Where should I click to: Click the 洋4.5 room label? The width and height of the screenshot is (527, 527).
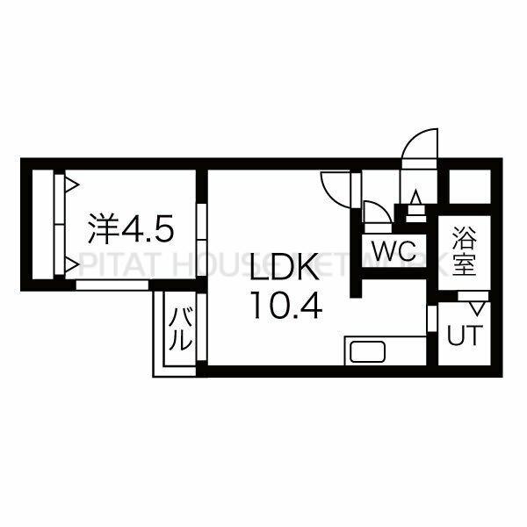coord(131,229)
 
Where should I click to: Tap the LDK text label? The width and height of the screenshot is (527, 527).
coord(285,268)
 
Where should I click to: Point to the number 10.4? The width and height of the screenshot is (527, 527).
coord(287,305)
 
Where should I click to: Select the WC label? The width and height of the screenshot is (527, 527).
coord(393,250)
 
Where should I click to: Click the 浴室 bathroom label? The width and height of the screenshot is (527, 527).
coord(464,250)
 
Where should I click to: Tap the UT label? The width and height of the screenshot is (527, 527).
coord(465,336)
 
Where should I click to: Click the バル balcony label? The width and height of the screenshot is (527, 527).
coord(180,328)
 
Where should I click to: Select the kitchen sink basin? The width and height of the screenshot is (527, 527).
coord(367,351)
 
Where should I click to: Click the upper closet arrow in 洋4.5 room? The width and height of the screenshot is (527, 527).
coord(72,185)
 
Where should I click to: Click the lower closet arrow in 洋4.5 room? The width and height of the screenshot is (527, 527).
coord(72,265)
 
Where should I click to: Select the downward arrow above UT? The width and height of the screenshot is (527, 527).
coord(476,308)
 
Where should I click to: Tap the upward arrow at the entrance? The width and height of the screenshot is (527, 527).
coord(416,197)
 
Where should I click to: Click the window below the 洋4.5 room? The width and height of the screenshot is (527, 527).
coord(112,285)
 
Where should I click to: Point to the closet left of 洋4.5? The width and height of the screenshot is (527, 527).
coord(43,225)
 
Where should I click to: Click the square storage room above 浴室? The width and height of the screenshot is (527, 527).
coord(470,186)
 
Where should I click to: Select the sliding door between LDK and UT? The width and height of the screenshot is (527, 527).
coord(431,319)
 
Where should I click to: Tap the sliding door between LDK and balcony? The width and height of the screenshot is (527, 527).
coord(201,327)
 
